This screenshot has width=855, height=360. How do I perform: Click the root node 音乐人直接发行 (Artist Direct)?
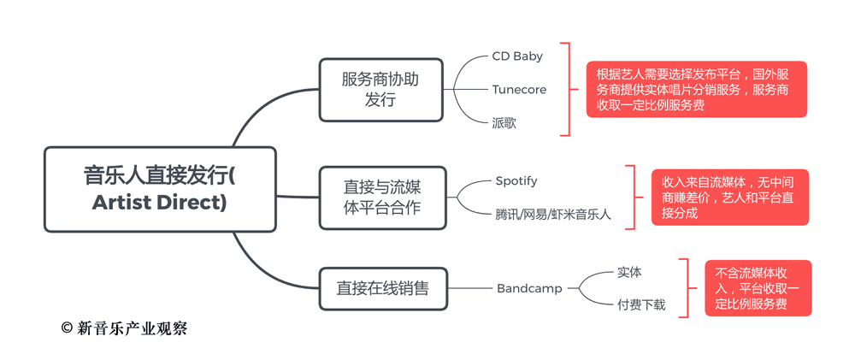tap(160, 189)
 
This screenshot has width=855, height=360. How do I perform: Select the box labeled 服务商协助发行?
tap(380, 89)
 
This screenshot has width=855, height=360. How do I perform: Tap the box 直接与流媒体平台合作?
tap(381, 197)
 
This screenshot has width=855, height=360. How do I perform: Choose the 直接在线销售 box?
tap(381, 289)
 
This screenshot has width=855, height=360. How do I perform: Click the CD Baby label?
tap(517, 56)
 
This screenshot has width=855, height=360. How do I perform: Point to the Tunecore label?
tap(519, 89)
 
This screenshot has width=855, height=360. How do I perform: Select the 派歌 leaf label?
tap(504, 123)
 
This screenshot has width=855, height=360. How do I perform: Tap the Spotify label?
tap(516, 181)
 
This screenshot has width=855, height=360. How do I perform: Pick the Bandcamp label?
tap(529, 289)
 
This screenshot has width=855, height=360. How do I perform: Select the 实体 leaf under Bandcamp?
tap(629, 273)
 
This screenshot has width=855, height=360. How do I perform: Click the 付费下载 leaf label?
tap(641, 305)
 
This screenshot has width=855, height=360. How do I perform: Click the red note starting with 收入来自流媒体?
tap(729, 198)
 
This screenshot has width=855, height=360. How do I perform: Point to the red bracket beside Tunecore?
tap(565, 89)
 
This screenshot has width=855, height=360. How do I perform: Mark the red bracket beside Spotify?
tap(633, 198)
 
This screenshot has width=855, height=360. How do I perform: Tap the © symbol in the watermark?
tap(67, 328)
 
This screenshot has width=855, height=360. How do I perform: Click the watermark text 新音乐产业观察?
tap(132, 328)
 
